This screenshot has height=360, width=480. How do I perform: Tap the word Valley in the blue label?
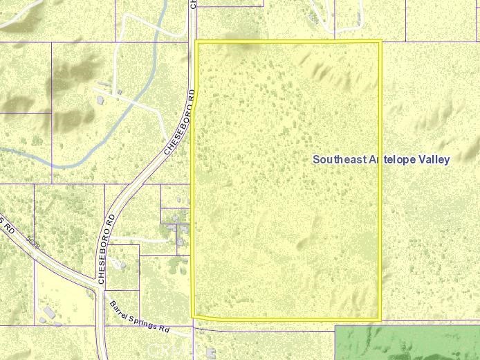coord(434,159)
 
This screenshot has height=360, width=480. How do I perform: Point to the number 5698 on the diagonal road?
coord(32,244)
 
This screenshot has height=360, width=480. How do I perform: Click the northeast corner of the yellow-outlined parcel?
coord(381,41)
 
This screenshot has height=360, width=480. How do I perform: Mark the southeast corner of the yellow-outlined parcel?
coord(380,319)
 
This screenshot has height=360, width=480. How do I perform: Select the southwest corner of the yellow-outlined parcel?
coord(192,317)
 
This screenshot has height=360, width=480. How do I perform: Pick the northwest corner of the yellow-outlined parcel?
coord(196,42)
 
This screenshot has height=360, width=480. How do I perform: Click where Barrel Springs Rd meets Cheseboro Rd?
coord(102,287)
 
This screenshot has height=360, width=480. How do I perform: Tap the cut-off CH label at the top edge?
coord(193,4)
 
